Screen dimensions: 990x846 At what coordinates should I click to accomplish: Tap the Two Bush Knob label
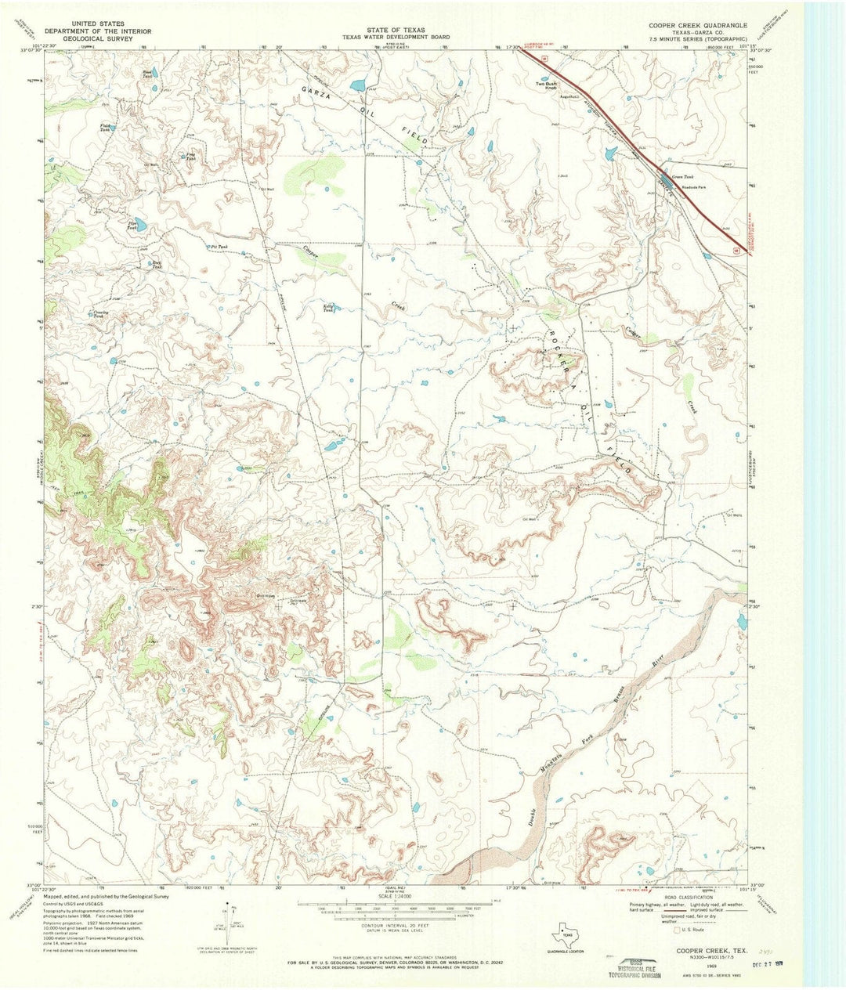545,85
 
